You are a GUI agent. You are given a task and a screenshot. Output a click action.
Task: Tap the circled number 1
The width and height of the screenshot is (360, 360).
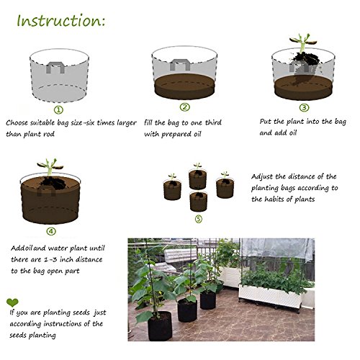[58, 110]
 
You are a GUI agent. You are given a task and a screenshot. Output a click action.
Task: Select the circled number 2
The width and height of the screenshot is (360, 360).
[185, 107]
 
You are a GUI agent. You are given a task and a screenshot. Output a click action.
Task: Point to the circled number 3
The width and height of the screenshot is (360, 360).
[304, 107]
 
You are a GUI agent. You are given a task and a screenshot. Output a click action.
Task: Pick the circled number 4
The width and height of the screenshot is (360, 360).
[51, 231]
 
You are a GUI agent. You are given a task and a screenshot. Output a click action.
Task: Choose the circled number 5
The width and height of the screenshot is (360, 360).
[199, 219]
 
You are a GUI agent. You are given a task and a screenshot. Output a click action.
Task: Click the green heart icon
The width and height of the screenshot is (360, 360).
[12, 302]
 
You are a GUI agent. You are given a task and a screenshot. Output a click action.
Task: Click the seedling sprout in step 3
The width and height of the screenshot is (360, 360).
[303, 42]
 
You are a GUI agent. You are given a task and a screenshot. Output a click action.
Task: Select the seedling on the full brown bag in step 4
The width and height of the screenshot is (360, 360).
[50, 166]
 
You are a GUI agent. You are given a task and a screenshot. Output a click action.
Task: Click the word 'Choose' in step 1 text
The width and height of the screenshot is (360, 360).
[17, 122]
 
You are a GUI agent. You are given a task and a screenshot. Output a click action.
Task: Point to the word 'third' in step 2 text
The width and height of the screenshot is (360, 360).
[213, 122]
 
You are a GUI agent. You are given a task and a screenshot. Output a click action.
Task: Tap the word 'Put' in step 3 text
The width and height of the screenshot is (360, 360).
[266, 121]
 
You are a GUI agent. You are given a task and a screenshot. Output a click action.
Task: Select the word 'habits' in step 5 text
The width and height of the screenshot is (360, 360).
[274, 199]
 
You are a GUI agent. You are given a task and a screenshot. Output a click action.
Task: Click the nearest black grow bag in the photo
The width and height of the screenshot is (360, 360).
[160, 326]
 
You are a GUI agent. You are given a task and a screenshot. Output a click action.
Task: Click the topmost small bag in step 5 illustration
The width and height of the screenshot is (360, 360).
[197, 179]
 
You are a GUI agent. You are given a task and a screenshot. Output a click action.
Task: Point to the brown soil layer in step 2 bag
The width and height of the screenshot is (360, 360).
[184, 87]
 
